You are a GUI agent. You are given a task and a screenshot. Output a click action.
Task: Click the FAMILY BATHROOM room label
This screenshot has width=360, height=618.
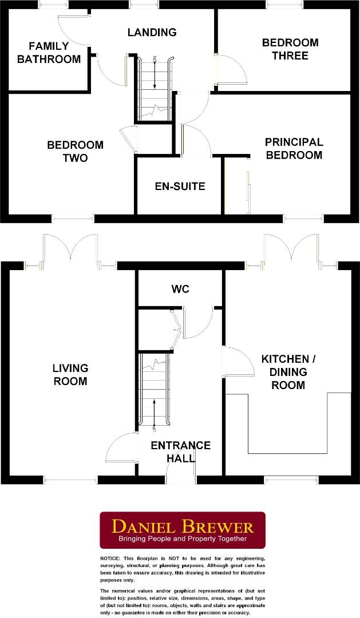point(49,53)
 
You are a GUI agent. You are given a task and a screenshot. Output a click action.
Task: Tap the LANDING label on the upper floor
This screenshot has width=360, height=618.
point(152,32)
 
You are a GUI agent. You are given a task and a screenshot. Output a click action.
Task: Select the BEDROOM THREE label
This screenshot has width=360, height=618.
point(290,49)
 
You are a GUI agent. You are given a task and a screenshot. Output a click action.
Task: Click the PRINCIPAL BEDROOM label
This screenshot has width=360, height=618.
point(294,148)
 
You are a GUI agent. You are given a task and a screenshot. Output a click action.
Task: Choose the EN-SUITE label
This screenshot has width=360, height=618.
point(180,187)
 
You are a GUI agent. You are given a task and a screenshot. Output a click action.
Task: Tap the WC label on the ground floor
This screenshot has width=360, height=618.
point(180,290)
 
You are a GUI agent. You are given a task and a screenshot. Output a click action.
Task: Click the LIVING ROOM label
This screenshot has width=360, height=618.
point(70,375)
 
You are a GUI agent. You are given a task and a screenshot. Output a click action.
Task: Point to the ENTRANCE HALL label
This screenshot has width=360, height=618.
point(180,452)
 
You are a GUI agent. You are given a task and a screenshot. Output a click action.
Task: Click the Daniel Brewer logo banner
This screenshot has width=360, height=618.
point(183,530)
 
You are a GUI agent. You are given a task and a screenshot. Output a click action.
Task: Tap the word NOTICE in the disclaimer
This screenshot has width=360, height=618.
point(110,558)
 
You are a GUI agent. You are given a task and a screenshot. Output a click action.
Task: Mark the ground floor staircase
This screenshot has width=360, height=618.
point(154,389)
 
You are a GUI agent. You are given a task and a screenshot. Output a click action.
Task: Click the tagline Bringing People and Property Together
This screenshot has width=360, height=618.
point(183,539)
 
